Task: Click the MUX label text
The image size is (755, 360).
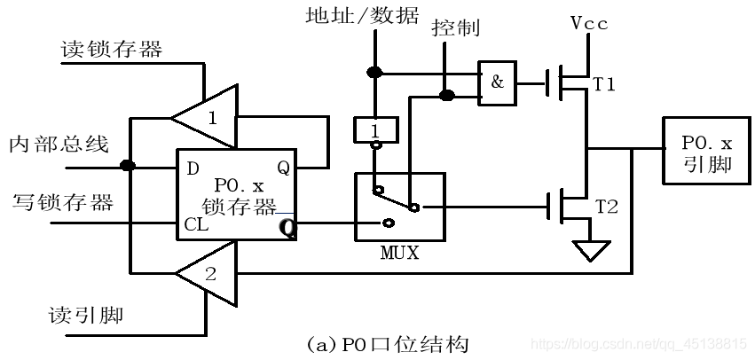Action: pyautogui.click(x=400, y=253)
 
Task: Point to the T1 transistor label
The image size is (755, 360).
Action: pyautogui.click(x=604, y=84)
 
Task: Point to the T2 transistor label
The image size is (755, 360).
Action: pyautogui.click(x=606, y=207)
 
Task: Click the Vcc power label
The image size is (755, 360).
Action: pyautogui.click(x=589, y=24)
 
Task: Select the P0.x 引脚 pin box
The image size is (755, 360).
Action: pyautogui.click(x=706, y=153)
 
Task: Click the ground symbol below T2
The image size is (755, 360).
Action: pyautogui.click(x=587, y=252)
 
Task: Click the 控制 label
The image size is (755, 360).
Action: pyautogui.click(x=455, y=28)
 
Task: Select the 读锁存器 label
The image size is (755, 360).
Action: pyautogui.click(x=112, y=50)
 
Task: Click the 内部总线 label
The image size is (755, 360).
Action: pyautogui.click(x=59, y=144)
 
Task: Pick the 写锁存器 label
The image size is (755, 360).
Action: pyautogui.click(x=63, y=203)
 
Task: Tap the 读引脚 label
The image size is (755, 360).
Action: pyautogui.click(x=87, y=316)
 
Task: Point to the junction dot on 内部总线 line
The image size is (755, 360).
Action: pyautogui.click(x=129, y=165)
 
